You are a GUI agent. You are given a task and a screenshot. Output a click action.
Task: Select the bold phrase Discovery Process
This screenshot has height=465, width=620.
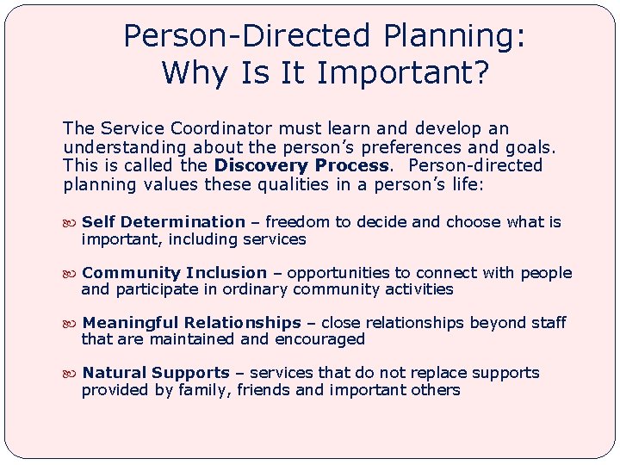(301, 165)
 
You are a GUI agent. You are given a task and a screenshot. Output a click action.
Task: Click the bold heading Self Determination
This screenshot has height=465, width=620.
(164, 222)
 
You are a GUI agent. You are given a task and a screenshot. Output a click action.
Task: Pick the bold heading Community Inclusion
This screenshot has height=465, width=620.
(175, 273)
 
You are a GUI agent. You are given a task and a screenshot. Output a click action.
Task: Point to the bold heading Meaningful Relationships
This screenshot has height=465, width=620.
(192, 323)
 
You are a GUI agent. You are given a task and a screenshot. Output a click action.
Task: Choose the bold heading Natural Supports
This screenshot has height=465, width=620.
(156, 373)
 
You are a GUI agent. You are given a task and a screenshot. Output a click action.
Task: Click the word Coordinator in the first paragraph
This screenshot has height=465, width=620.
(204, 129)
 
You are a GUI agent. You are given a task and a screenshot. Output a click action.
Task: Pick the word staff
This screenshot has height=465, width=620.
(548, 323)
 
